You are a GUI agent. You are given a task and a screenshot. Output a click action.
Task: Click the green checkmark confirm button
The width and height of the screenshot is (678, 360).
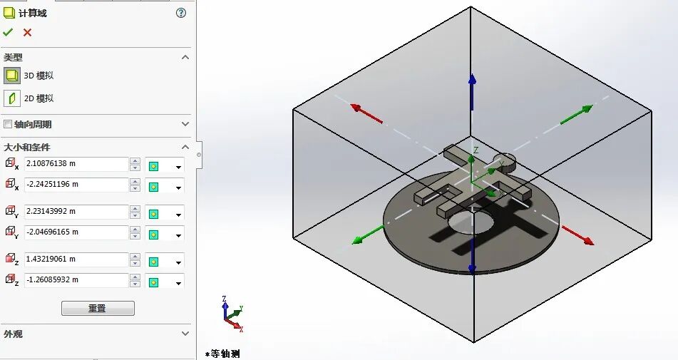[x=8, y=32]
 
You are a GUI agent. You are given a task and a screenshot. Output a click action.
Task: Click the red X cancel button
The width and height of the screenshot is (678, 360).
[x=27, y=32]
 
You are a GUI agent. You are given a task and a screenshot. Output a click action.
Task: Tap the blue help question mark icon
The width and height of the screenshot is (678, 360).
[x=181, y=13]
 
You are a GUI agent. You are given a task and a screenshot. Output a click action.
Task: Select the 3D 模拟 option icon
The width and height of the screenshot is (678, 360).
[x=11, y=76]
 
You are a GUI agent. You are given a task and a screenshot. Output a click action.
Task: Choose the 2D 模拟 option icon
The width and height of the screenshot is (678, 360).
[x=11, y=98]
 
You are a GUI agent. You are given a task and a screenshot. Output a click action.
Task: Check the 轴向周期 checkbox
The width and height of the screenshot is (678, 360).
[x=8, y=124]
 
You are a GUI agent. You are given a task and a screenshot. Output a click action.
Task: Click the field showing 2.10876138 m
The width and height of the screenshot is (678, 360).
[x=76, y=164]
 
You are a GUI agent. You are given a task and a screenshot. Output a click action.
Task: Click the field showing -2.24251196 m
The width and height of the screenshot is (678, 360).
[x=76, y=185]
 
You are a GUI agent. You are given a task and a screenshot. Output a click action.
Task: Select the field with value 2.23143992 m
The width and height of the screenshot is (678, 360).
[x=76, y=212]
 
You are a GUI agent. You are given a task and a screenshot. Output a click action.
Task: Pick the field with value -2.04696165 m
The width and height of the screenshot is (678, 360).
[x=76, y=232]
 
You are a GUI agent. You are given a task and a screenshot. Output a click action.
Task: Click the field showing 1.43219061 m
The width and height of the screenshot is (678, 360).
[x=76, y=259]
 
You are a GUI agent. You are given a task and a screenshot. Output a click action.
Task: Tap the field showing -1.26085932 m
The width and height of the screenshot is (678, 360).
[x=76, y=280]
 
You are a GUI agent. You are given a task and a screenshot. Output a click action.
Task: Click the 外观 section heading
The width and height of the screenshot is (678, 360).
[x=14, y=334]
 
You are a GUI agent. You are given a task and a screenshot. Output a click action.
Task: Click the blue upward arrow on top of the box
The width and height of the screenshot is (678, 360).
[x=472, y=89]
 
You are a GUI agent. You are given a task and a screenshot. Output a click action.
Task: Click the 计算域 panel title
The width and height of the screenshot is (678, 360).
[x=33, y=13]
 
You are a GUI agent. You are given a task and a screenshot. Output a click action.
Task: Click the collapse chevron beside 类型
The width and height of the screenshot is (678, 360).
[x=185, y=57]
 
